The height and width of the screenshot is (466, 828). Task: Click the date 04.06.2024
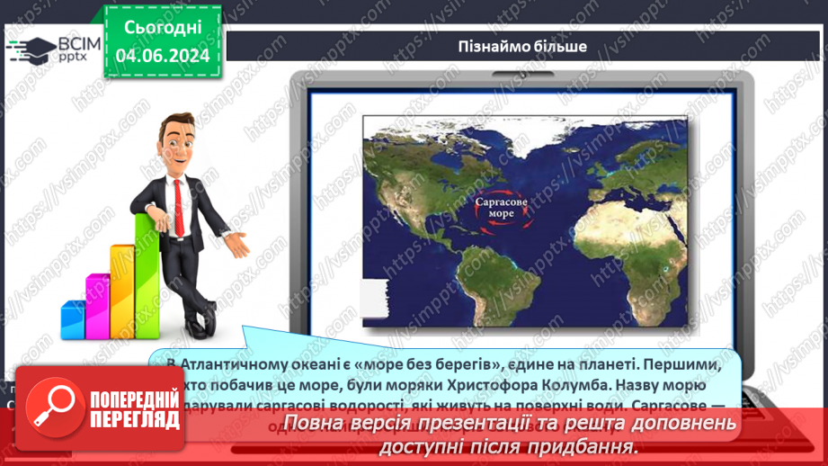tap(163, 56)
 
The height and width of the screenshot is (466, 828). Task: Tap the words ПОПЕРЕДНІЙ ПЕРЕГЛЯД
tap(133, 408)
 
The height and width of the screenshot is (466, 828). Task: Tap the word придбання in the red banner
tap(592, 447)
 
